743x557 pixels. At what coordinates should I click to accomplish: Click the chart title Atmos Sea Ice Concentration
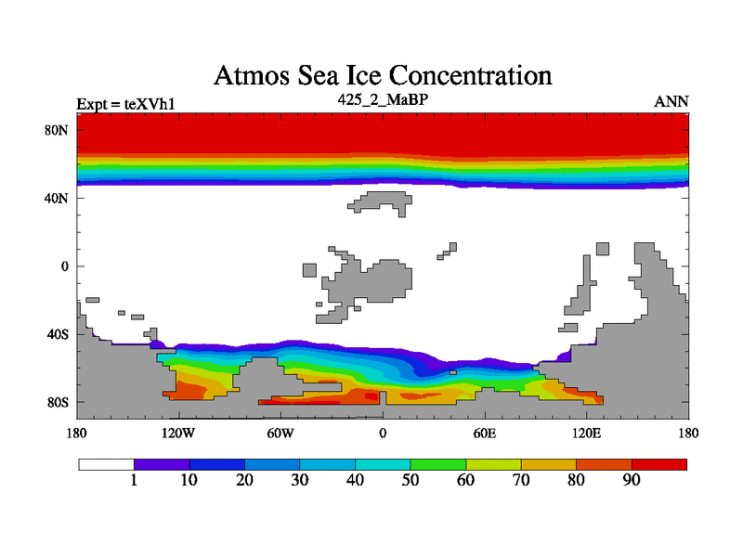[383, 74]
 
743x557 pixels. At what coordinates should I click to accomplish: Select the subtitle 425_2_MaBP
[382, 97]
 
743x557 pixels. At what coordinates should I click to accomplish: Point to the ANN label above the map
[671, 101]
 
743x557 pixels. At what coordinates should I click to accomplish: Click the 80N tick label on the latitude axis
[58, 130]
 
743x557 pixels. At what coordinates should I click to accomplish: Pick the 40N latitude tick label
[58, 198]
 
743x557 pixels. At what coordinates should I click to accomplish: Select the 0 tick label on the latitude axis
[65, 266]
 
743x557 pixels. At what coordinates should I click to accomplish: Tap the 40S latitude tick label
[58, 334]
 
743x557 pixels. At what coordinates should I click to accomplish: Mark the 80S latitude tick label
[58, 403]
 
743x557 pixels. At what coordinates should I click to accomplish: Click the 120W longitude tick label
[177, 433]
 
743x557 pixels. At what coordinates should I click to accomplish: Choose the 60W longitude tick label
[280, 433]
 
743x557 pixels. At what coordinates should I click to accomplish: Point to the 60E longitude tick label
[484, 433]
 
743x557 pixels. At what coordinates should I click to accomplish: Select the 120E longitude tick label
[586, 433]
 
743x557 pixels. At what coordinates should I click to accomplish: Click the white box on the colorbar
[106, 463]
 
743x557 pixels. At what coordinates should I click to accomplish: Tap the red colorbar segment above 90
[659, 463]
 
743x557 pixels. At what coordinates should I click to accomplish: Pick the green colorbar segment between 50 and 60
[438, 463]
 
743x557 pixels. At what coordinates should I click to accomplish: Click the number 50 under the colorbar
[411, 480]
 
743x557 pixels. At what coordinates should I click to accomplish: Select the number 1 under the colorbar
[135, 480]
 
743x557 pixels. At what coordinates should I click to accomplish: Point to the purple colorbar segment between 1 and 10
[162, 463]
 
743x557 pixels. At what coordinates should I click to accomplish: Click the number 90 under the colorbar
[632, 480]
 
